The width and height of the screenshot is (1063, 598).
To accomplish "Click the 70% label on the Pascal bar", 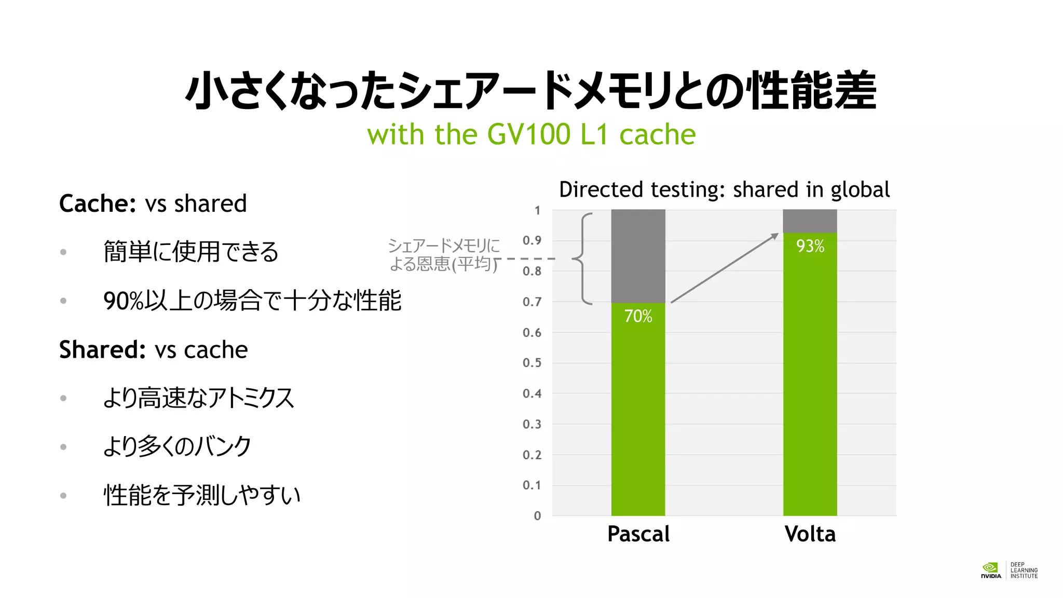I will (638, 316).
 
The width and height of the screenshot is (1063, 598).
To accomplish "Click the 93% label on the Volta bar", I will (810, 246).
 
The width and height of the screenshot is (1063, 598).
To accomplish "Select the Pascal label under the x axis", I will (638, 534).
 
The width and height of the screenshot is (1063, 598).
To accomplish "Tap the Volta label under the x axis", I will (810, 534).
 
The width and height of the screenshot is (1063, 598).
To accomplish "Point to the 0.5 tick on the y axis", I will (531, 363).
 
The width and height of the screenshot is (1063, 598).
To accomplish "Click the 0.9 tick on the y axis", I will (531, 240).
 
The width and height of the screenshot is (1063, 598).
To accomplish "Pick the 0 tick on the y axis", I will (537, 516).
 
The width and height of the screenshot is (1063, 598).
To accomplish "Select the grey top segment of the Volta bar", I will (810, 221).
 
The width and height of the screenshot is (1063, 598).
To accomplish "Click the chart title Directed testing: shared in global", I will (724, 190).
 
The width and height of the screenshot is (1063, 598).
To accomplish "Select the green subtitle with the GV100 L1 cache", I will (531, 134).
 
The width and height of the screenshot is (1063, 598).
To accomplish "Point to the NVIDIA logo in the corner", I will (991, 570).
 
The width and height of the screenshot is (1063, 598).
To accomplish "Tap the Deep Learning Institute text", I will (1024, 570).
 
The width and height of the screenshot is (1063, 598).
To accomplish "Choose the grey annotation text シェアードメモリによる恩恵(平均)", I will (444, 255).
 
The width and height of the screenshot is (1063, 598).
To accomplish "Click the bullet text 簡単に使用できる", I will (191, 252).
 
